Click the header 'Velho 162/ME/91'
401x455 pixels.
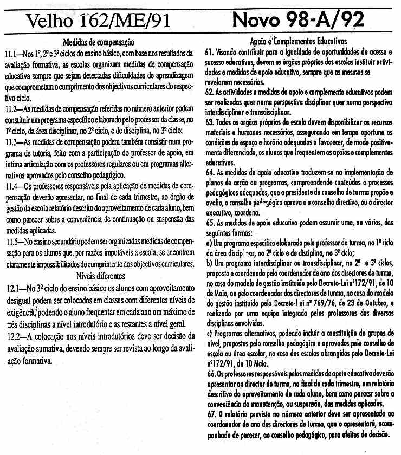tap(99, 22)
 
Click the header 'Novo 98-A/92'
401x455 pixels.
tap(299, 21)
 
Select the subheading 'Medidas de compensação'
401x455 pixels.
tap(99, 42)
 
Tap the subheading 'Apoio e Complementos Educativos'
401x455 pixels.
tap(299, 41)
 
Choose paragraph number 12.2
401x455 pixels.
tap(12, 336)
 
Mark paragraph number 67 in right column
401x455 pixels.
tap(209, 413)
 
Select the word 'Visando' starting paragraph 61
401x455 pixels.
tap(227, 51)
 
